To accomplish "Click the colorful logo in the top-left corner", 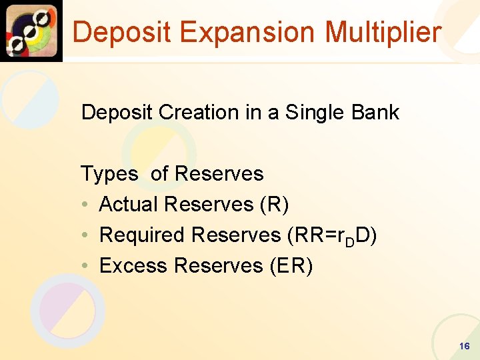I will (31, 31).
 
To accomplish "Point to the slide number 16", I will (465, 346).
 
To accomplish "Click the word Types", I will (109, 174).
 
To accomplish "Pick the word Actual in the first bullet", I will (129, 205).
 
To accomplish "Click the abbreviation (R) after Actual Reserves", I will (276, 205).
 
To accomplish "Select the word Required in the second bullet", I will (142, 235).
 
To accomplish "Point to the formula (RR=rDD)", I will (331, 235).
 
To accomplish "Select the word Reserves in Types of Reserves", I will (219, 174).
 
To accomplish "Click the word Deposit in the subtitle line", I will (117, 113).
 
